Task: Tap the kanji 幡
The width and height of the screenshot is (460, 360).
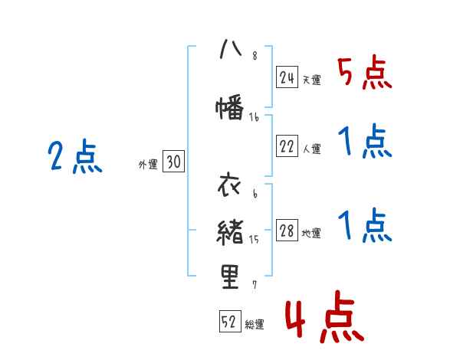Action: (x=229, y=107)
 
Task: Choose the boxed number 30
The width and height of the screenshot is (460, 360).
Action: (x=173, y=162)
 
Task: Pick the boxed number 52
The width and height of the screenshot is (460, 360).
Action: (x=229, y=322)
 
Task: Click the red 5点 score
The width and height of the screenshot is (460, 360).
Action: (x=364, y=74)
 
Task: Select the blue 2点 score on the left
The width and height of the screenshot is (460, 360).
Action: (x=75, y=157)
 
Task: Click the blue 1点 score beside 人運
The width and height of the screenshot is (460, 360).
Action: (x=364, y=142)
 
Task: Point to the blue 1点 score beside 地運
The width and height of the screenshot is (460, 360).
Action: (x=364, y=226)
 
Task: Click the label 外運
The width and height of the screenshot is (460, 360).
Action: (x=148, y=164)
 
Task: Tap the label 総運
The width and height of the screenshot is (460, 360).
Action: (x=255, y=325)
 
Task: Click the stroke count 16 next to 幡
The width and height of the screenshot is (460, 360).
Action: (x=255, y=116)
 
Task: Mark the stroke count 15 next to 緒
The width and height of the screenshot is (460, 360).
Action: (x=254, y=240)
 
